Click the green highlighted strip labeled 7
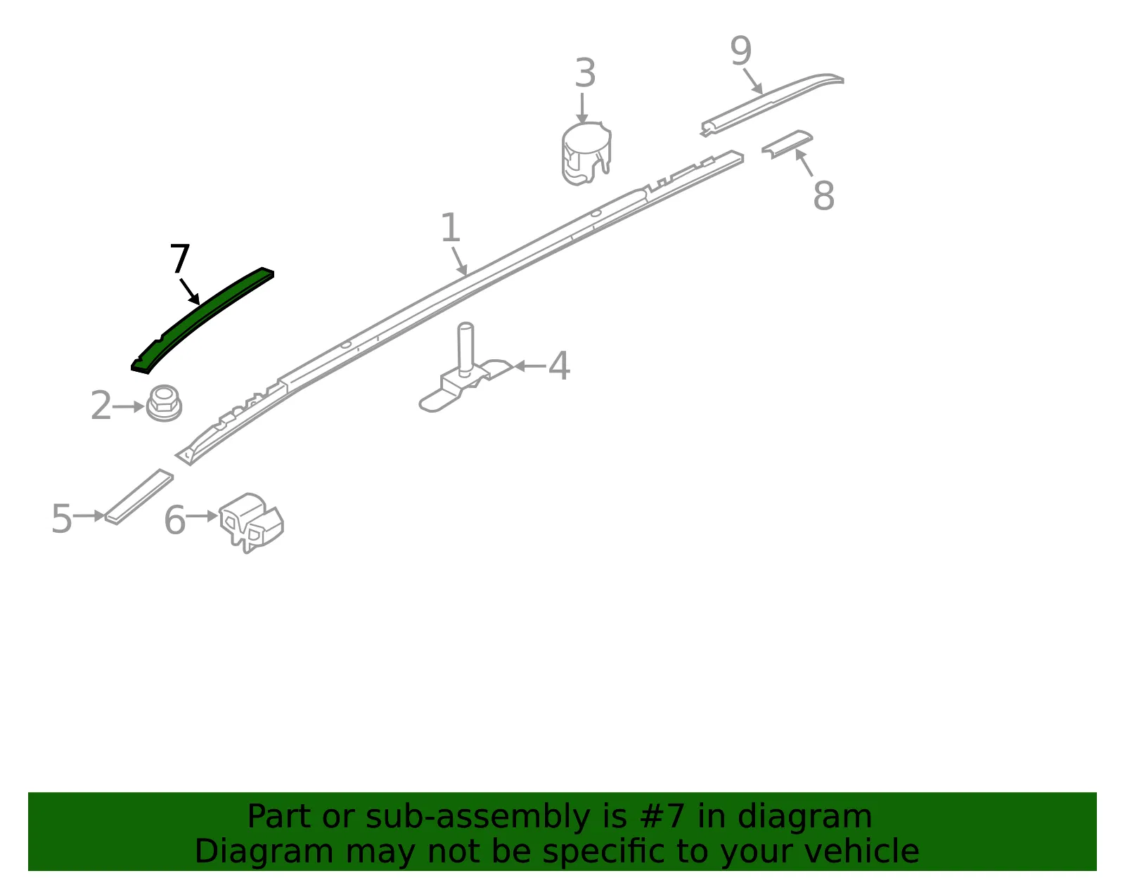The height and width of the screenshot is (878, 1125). coord(202,318)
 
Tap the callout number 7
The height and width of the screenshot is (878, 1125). coord(179,258)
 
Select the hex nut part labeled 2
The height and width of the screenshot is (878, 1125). coord(164,403)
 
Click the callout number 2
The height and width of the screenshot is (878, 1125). coord(101,406)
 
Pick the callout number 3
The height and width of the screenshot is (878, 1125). coord(585,73)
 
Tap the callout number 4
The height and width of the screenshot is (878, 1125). coord(558,366)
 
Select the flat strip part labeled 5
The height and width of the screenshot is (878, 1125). coord(139,497)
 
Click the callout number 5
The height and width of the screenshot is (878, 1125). coord(62,518)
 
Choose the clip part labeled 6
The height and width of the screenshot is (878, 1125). coord(252,522)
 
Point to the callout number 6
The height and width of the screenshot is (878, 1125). coord(174,519)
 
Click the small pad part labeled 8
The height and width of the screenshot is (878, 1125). coord(787,144)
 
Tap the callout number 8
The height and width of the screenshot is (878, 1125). coord(823,195)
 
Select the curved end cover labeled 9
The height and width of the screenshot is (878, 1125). coord(773,104)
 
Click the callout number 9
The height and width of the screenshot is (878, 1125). coord(740,51)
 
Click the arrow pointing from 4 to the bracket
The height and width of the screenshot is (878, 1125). coord(530,366)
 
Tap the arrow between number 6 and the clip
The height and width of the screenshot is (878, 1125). coord(202,516)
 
